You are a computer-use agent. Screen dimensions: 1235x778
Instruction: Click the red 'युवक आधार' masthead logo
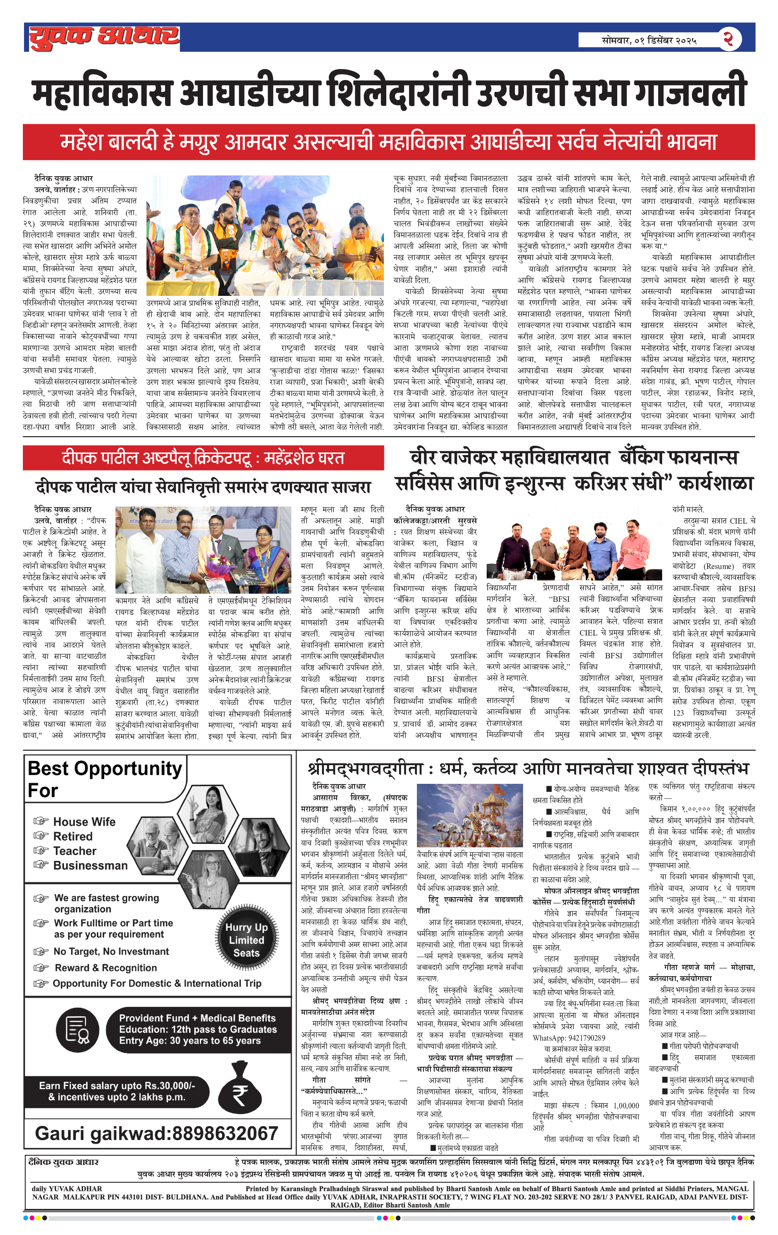tap(104, 37)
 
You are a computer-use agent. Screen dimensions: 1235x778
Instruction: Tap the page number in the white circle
tap(729, 39)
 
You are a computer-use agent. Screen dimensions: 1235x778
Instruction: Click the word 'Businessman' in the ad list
tap(90, 865)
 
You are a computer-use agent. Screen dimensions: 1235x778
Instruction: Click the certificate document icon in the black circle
tap(77, 1029)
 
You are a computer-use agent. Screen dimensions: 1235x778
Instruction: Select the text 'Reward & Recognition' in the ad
tap(106, 967)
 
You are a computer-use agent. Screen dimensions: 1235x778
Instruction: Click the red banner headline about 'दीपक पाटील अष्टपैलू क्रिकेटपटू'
tap(203, 457)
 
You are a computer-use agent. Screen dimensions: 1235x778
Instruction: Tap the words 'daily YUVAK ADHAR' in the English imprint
tap(67, 1188)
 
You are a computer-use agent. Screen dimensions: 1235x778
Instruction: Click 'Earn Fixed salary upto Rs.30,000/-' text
tap(117, 1085)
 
